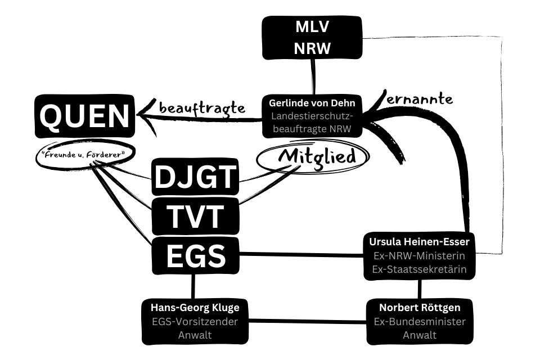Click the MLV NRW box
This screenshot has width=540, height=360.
point(312,38)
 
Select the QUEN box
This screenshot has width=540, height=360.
point(85,116)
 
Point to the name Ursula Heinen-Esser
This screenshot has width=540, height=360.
point(419,242)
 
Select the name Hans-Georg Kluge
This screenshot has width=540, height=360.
point(195,308)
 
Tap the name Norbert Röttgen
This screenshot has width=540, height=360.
point(419,308)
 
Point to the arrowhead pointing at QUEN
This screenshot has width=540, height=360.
point(147,116)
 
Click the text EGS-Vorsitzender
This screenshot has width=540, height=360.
point(195,322)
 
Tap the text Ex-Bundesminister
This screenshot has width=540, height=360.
point(419,322)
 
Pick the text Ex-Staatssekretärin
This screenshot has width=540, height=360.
point(419,269)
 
